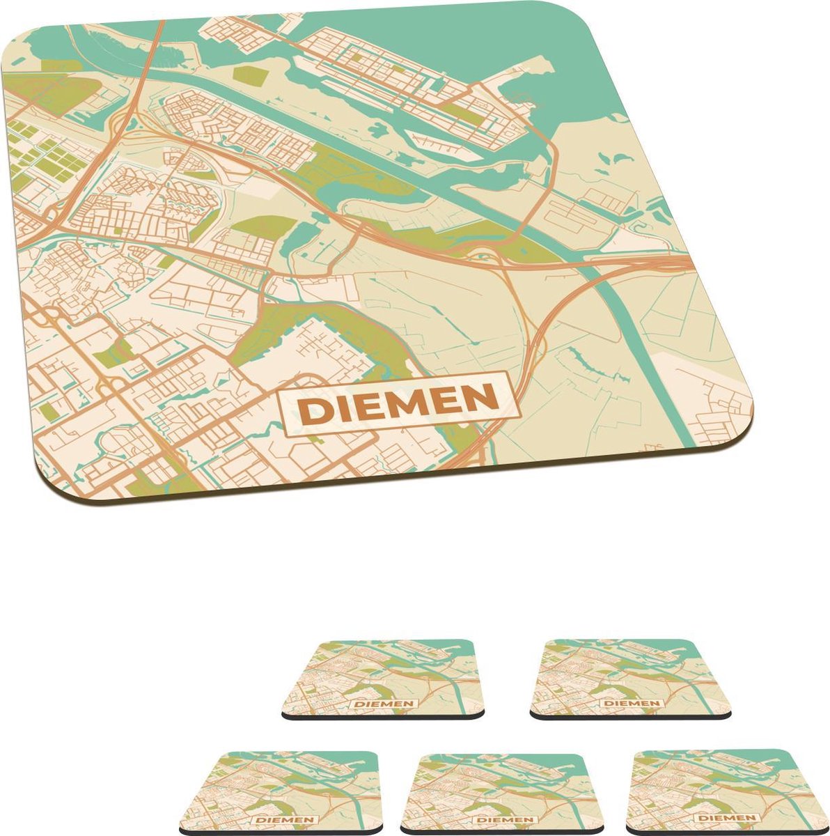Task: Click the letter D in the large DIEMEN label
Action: (x=313, y=412)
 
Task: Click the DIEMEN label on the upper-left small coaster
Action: (x=384, y=704)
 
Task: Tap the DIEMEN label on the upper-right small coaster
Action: (x=632, y=703)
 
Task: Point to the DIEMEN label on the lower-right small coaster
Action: (x=727, y=817)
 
